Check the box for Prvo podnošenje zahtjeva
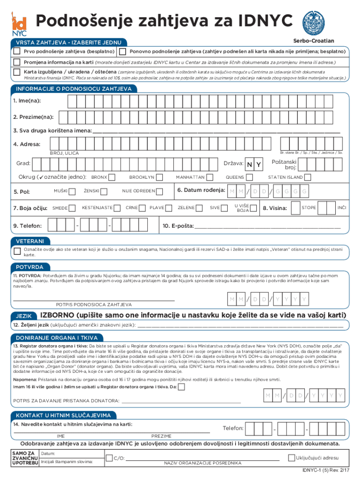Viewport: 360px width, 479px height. (17, 51)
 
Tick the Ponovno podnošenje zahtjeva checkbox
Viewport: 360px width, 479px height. (122, 51)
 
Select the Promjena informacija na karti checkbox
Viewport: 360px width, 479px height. (17, 62)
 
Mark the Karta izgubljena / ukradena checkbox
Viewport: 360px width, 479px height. (17, 73)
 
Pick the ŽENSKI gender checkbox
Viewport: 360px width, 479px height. (104, 191)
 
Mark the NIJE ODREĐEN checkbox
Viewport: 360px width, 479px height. (160, 191)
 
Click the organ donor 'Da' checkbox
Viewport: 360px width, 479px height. (181, 386)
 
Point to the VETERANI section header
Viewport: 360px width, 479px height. (30, 241)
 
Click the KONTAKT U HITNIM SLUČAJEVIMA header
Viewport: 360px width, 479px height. (64, 415)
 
